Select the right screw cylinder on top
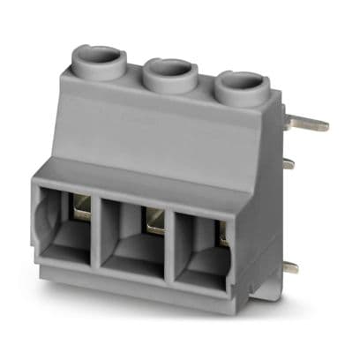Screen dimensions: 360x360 coord(241,86)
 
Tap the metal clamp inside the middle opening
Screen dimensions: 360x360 coord(155,221)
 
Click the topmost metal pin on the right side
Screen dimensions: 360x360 coord(309,124)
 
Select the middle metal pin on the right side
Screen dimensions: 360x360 coord(288,163)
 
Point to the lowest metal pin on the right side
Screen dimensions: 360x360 coord(289,266)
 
